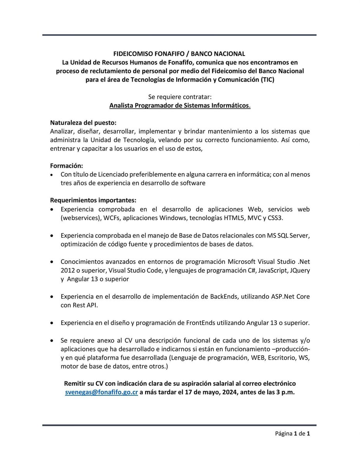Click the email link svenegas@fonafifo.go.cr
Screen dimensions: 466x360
(101, 392)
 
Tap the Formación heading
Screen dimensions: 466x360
(66, 166)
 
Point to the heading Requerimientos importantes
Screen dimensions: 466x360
(93, 200)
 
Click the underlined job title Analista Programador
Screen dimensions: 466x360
(180, 105)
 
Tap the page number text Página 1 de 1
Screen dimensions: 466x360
(292, 434)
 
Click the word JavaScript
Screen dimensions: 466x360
(270, 270)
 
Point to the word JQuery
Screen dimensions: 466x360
(299, 270)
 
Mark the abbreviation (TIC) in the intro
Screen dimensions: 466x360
(267, 79)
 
